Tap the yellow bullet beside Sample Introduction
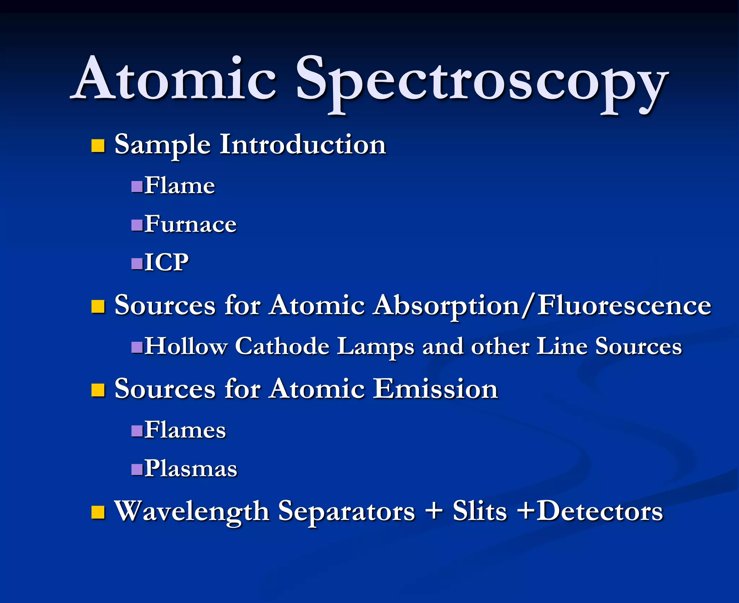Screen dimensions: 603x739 tap(98, 146)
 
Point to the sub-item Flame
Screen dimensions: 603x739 tap(180, 186)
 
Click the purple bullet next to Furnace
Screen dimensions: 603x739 tap(137, 225)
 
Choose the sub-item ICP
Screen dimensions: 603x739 tap(166, 263)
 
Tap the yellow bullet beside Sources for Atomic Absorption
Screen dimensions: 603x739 tap(98, 307)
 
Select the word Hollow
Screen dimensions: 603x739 tap(186, 346)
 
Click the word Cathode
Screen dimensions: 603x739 tap(282, 346)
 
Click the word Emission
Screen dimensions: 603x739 tap(436, 389)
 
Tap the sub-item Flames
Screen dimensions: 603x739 tap(185, 430)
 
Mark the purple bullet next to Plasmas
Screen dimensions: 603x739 tap(137, 469)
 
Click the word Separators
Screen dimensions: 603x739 tap(346, 512)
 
